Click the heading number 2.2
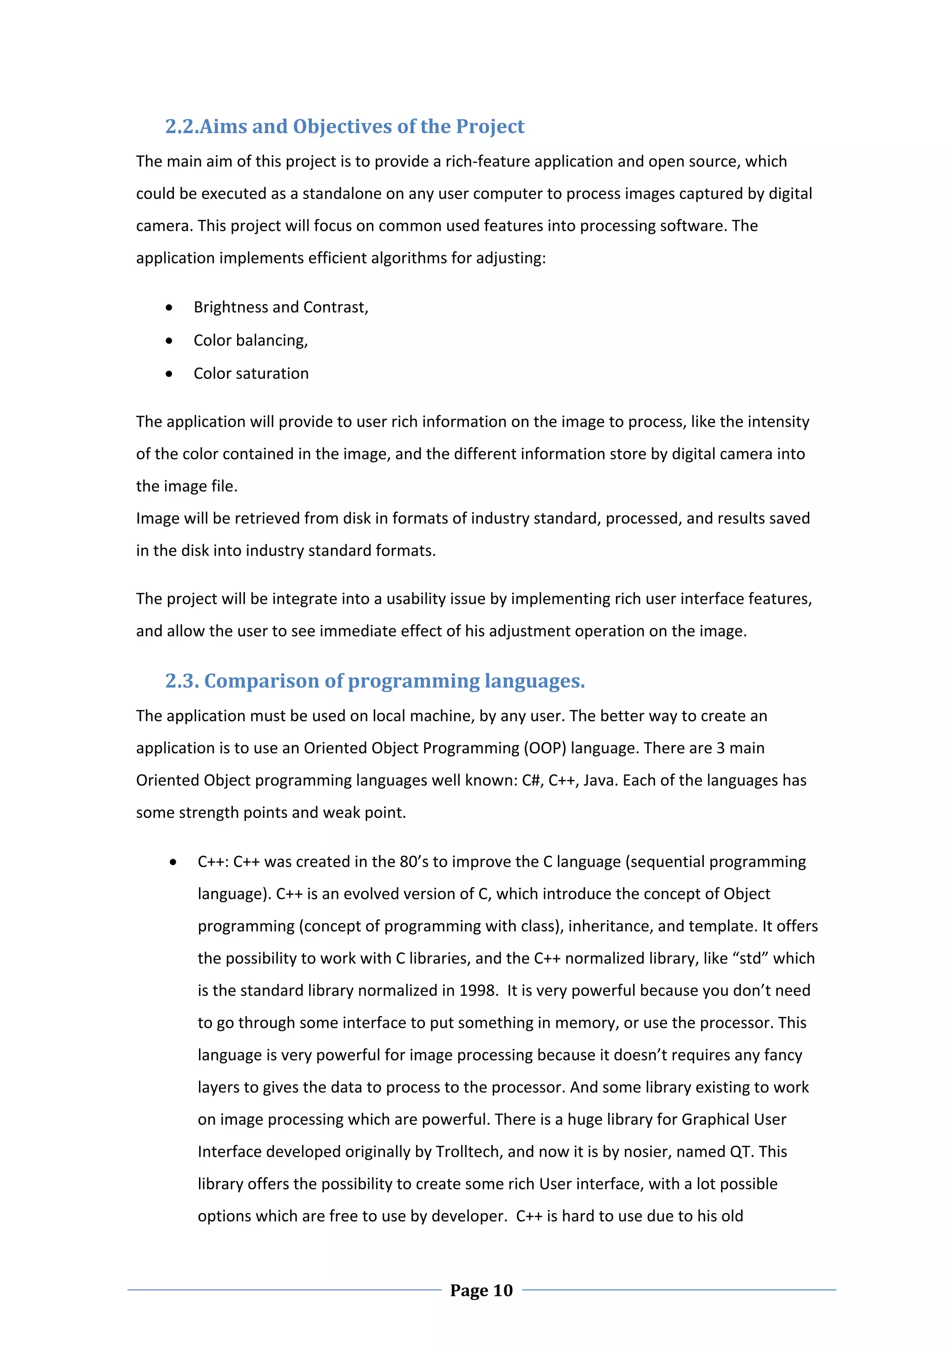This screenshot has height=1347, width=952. [x=182, y=127]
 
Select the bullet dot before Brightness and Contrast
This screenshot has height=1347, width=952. [x=169, y=307]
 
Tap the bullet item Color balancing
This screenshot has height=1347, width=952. [x=251, y=340]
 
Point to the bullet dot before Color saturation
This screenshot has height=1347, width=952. [x=169, y=374]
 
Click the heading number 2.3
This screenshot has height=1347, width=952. [x=182, y=681]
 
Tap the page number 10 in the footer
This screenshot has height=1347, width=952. [x=502, y=1290]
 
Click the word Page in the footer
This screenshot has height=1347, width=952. [x=469, y=1290]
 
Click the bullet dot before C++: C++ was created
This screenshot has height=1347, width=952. [x=172, y=862]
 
